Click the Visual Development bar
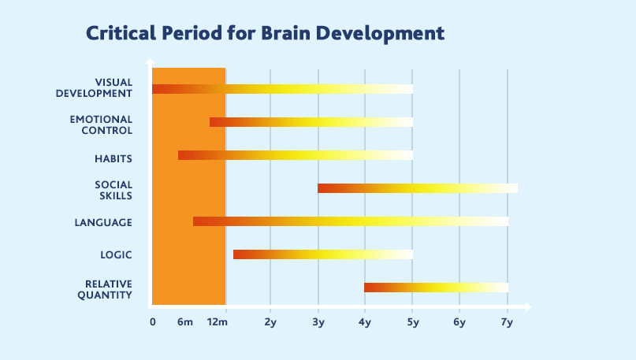[281, 89]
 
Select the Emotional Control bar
[311, 122]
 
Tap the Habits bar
[295, 155]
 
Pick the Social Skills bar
[417, 188]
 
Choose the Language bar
[350, 221]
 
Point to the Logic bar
[322, 254]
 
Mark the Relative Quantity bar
[435, 288]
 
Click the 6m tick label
[185, 321]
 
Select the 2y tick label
[270, 321]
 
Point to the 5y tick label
[412, 321]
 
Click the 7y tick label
[507, 321]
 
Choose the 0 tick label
[153, 321]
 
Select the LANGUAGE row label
[103, 222]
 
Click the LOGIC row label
[116, 255]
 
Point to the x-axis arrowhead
[527, 306]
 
